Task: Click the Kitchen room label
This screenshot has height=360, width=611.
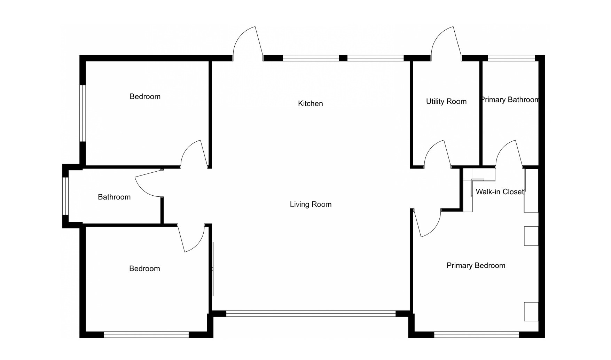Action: click(x=310, y=103)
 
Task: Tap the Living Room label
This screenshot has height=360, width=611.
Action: click(x=311, y=204)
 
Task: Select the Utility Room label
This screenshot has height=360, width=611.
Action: click(x=446, y=101)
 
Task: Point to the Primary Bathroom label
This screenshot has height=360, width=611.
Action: click(x=510, y=100)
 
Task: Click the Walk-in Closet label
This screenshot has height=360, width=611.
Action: click(x=500, y=191)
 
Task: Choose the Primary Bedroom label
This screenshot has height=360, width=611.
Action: click(x=476, y=266)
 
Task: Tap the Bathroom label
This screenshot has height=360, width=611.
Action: click(x=114, y=197)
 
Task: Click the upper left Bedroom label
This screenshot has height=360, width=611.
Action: click(x=145, y=96)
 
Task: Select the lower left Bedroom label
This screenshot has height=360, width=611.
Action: click(x=144, y=268)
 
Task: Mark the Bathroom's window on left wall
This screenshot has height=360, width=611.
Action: click(x=65, y=196)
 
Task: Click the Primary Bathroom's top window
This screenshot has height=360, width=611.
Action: click(x=511, y=58)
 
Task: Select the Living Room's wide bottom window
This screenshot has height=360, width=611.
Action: click(x=311, y=314)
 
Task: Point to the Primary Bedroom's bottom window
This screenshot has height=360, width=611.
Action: click(x=477, y=335)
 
